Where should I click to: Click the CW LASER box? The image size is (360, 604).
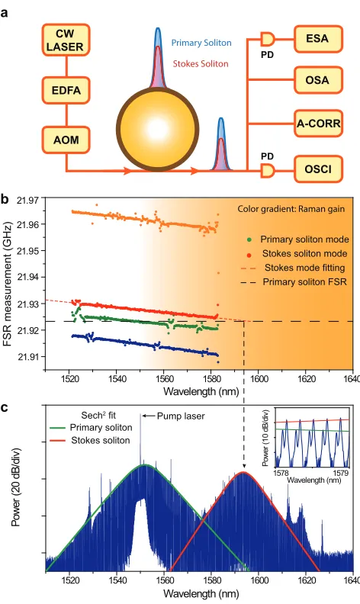click(66, 40)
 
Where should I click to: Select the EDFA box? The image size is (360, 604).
click(66, 91)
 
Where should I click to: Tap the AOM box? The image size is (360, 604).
click(66, 140)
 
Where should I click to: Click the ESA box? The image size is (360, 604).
click(318, 39)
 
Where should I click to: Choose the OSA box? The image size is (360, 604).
click(318, 80)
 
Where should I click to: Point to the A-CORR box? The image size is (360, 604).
click(318, 124)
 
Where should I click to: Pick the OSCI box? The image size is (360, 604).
click(318, 169)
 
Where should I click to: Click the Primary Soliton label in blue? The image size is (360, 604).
click(201, 43)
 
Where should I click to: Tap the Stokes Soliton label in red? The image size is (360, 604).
click(201, 63)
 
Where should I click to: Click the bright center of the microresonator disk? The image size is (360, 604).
click(158, 130)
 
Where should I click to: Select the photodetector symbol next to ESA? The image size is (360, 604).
click(268, 39)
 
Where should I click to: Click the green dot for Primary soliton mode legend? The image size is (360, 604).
click(249, 240)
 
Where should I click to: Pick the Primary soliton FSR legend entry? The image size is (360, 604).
click(294, 282)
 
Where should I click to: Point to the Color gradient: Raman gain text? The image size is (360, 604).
click(291, 209)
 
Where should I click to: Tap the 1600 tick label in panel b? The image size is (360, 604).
click(259, 379)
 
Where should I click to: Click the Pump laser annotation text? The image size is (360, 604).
click(181, 416)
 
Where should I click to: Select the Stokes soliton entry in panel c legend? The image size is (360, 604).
click(90, 440)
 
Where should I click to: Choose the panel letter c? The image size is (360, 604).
click(5, 407)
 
